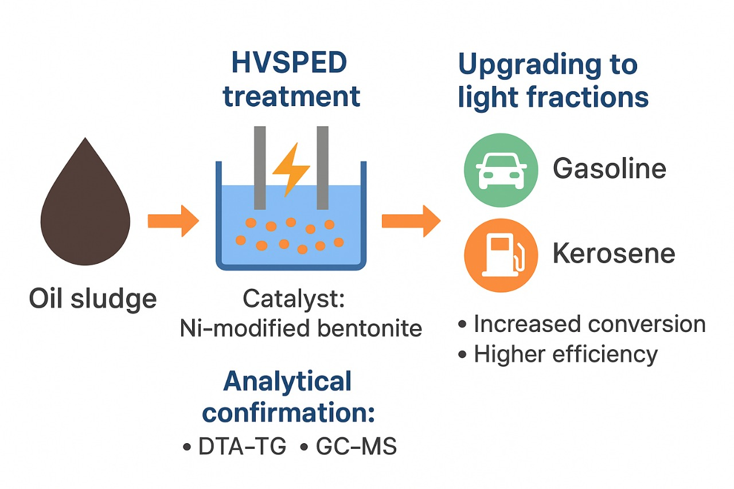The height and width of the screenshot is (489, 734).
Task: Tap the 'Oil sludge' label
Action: (93, 299)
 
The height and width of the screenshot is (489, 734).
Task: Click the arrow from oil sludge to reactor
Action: (173, 220)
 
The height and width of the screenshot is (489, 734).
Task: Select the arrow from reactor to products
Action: (411, 220)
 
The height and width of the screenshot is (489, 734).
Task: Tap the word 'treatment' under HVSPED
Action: (291, 96)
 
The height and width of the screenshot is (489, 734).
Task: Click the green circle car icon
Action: (501, 170)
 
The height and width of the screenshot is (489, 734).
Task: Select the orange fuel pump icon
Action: (501, 255)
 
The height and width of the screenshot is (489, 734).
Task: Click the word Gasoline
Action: (609, 169)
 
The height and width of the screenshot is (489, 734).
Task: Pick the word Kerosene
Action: (614, 254)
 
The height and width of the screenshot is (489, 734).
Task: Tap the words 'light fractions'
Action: (553, 97)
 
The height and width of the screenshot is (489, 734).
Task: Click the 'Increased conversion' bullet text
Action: (589, 324)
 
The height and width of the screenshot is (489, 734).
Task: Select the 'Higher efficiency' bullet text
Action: (565, 354)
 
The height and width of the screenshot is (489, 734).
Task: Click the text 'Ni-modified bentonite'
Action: (300, 328)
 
